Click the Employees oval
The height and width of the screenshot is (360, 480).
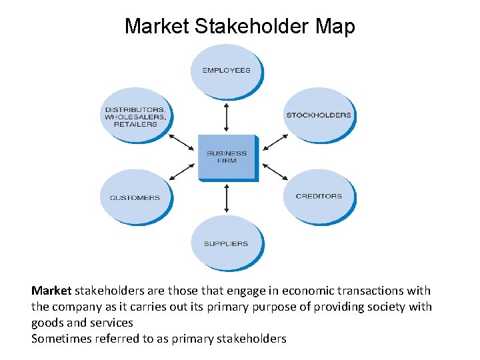click(227, 70)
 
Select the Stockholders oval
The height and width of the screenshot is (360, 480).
click(319, 115)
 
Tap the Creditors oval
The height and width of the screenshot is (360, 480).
click(319, 196)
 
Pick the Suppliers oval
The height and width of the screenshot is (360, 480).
click(227, 243)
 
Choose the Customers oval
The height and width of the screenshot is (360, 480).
click(135, 197)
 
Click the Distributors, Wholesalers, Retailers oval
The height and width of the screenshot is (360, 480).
click(135, 117)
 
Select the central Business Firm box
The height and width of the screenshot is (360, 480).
click(227, 157)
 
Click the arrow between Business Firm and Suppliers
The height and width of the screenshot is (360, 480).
click(227, 198)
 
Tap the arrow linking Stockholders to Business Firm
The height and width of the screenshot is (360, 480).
click(276, 142)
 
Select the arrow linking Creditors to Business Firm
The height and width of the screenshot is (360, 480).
click(276, 173)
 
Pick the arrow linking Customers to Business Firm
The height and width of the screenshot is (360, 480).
click(181, 172)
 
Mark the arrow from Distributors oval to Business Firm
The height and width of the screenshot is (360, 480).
click(181, 143)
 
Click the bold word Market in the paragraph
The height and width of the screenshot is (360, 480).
click(51, 291)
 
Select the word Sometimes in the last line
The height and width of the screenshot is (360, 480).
click(62, 339)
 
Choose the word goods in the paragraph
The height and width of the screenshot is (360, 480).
click(47, 323)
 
